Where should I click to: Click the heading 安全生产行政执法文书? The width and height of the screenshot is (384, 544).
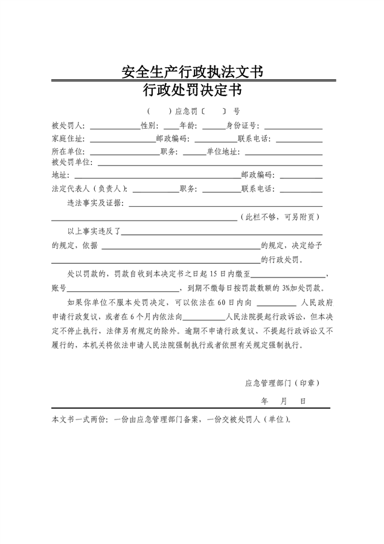(192, 73)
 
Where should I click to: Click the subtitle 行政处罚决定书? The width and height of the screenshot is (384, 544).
(192, 91)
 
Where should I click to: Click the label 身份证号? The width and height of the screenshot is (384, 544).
(243, 126)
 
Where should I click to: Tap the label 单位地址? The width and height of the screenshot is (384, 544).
(222, 151)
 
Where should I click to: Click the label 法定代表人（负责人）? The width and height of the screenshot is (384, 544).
(89, 189)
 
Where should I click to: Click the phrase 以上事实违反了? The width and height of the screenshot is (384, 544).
(95, 231)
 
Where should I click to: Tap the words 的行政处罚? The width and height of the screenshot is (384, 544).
(283, 260)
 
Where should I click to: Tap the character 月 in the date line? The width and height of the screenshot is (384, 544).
(283, 401)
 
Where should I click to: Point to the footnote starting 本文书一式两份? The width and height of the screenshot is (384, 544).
(171, 419)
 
